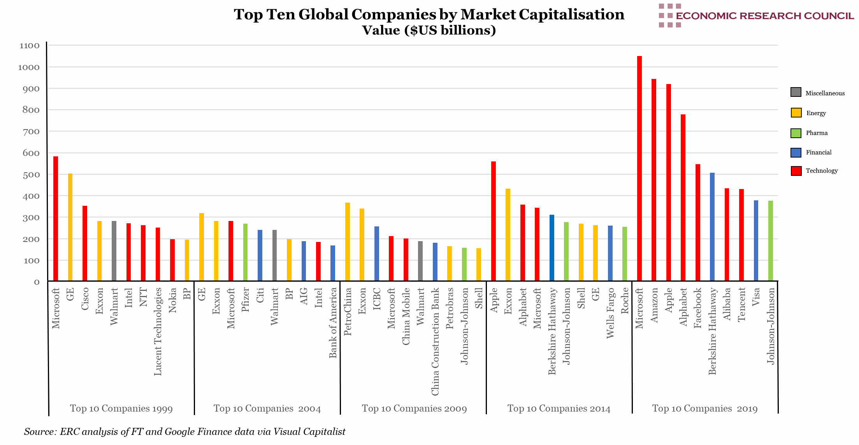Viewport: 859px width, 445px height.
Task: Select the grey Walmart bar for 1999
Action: click(114, 251)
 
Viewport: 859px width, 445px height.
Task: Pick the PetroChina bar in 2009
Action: click(348, 242)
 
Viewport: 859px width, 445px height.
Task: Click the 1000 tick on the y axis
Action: click(29, 67)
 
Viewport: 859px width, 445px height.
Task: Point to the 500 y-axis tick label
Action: click(31, 175)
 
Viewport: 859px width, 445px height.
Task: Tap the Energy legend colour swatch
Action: click(796, 113)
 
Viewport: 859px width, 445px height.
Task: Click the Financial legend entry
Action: click(819, 152)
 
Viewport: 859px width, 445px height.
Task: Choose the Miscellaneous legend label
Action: click(825, 93)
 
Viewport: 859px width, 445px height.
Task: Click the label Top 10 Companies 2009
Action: click(414, 408)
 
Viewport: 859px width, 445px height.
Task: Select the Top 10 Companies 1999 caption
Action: click(121, 408)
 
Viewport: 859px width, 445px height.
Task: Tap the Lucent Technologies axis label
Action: click(158, 331)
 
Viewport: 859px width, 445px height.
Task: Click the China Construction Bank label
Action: click(435, 342)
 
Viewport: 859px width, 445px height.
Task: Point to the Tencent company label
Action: click(741, 305)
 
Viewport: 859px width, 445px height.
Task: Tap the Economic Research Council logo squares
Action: click(669, 16)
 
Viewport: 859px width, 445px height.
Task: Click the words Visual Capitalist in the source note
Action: click(309, 431)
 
